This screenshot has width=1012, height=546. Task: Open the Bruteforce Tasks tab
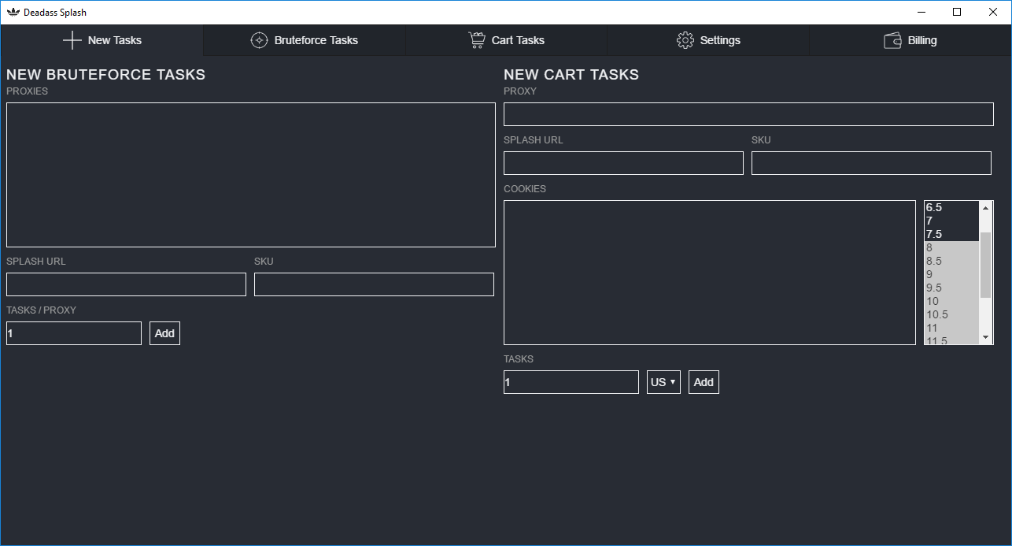(304, 40)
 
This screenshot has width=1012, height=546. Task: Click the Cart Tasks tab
(506, 40)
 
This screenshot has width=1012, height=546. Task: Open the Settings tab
(708, 40)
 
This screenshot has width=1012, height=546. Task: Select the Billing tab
(910, 40)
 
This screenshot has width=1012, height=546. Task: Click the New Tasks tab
(102, 40)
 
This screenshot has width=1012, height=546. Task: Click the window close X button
(992, 13)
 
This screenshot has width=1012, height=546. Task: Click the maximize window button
(957, 13)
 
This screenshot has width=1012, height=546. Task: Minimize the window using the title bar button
(922, 13)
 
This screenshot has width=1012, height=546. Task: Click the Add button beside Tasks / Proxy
(165, 333)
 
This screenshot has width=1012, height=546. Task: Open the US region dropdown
(663, 382)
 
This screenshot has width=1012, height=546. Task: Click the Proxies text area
(251, 175)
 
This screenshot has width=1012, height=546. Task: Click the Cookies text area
(710, 273)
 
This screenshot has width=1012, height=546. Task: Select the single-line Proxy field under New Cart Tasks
(748, 114)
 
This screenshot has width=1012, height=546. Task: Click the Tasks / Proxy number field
(74, 333)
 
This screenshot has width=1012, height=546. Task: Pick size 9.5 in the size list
(934, 288)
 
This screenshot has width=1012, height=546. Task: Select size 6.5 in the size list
(934, 208)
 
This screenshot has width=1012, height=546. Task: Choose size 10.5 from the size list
(937, 314)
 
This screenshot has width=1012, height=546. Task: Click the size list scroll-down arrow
(986, 337)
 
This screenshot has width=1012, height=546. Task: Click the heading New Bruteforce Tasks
(105, 75)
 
